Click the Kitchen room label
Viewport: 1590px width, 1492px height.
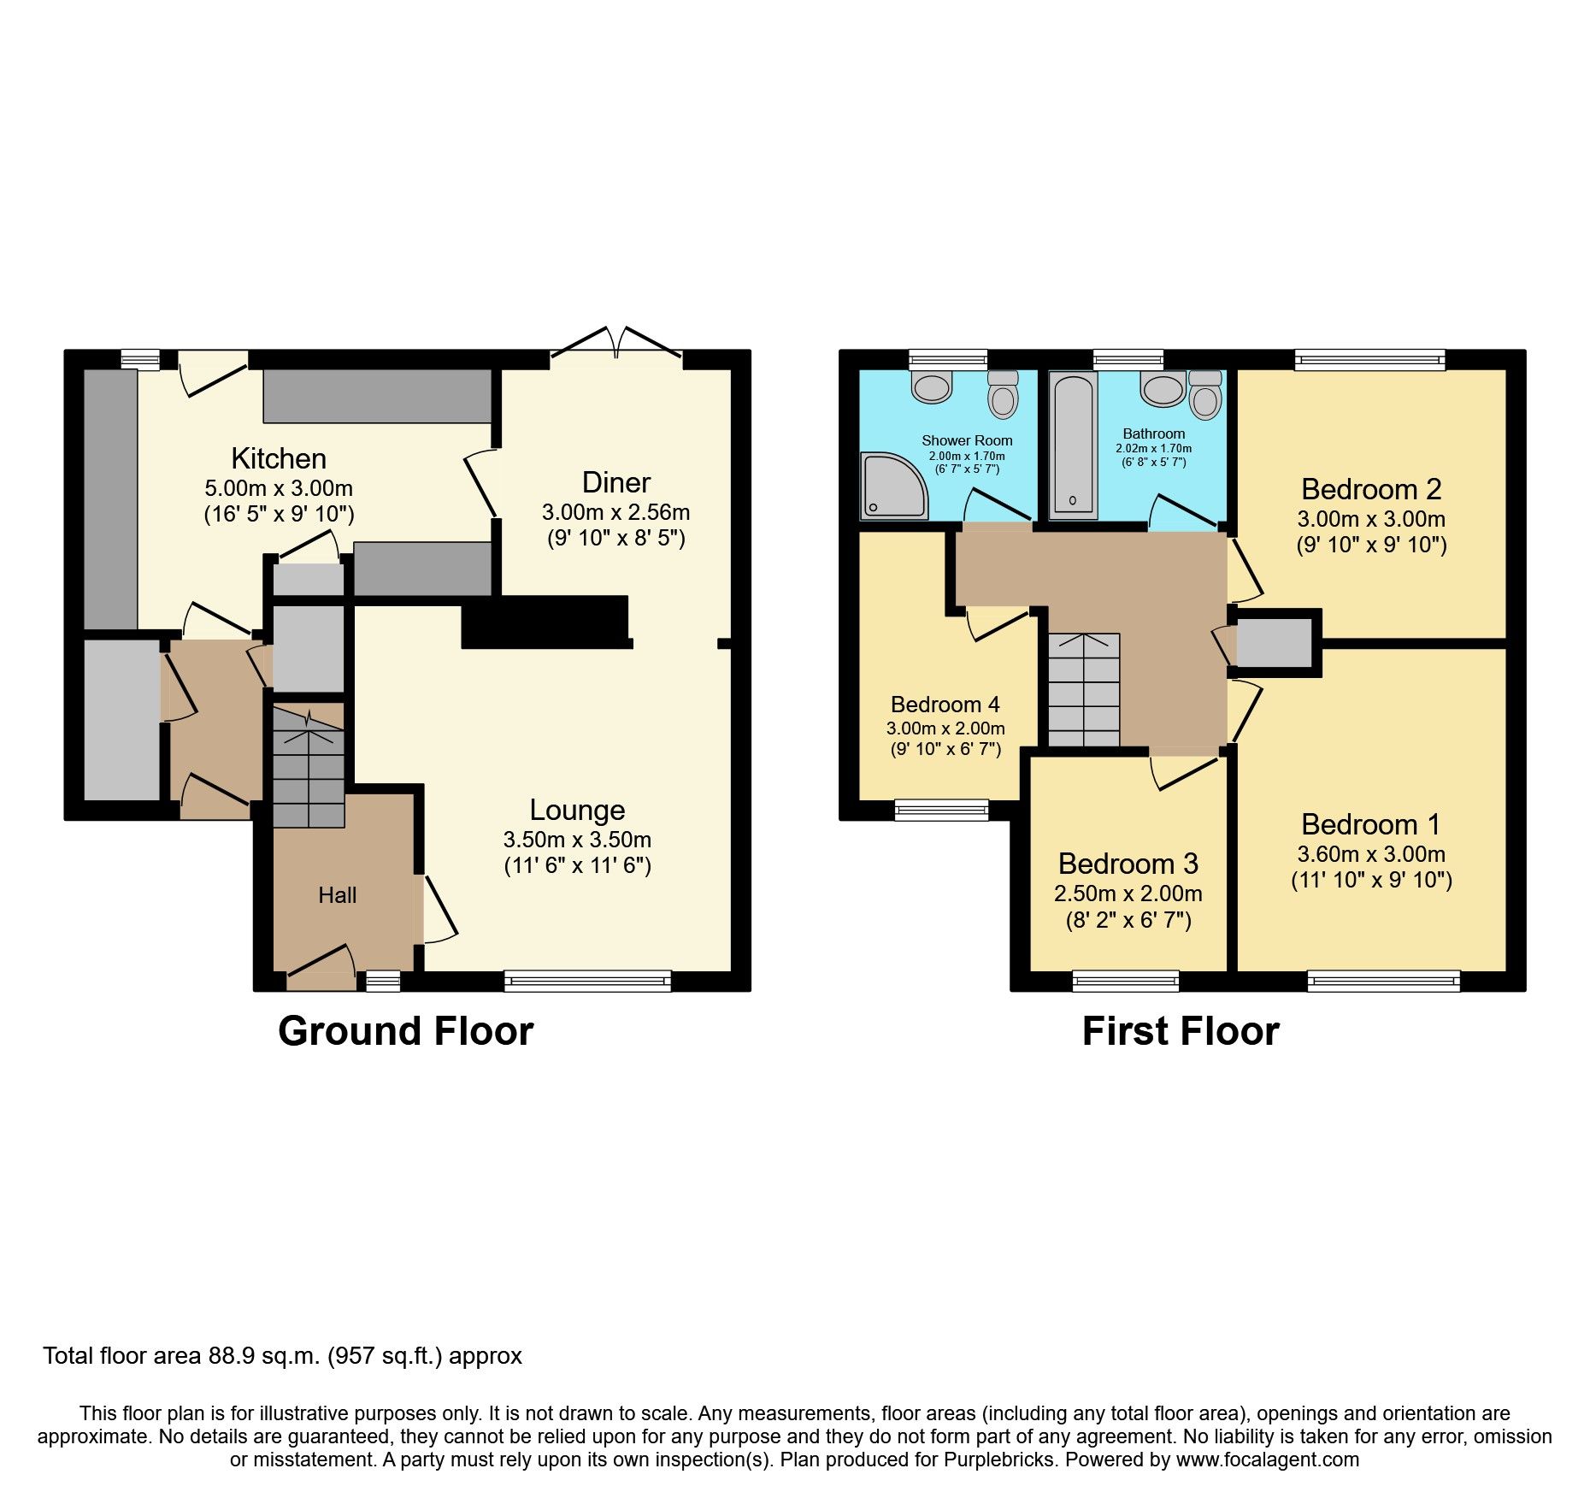coord(279,459)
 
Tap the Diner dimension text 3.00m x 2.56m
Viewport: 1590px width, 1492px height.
coord(615,512)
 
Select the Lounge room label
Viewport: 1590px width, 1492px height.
coord(577,810)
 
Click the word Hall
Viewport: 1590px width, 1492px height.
coord(337,895)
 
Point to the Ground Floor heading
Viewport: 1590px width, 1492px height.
coord(405,1031)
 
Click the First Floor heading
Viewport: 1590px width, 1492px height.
coord(1180,1031)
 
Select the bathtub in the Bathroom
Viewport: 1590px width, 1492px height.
coord(1073,445)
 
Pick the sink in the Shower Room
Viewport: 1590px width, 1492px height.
coord(932,386)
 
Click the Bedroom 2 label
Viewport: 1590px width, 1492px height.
coord(1371,489)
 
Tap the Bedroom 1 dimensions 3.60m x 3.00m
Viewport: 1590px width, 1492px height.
coord(1371,853)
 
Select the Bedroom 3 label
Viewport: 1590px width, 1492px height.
coord(1128,864)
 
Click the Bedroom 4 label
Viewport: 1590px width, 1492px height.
coord(945,705)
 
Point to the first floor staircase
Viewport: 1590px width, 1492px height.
coord(1084,691)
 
